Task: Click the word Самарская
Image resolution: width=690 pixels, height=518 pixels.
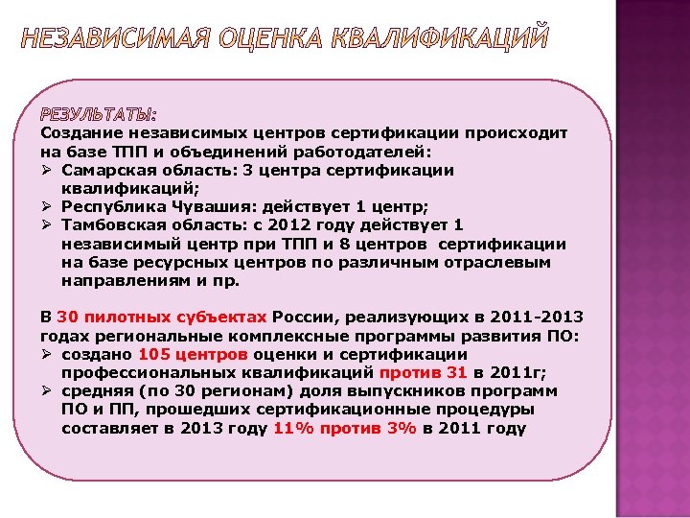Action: [104, 169]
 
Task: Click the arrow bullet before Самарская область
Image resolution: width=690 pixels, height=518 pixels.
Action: [46, 170]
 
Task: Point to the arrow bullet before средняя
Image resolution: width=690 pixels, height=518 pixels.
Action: [46, 391]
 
